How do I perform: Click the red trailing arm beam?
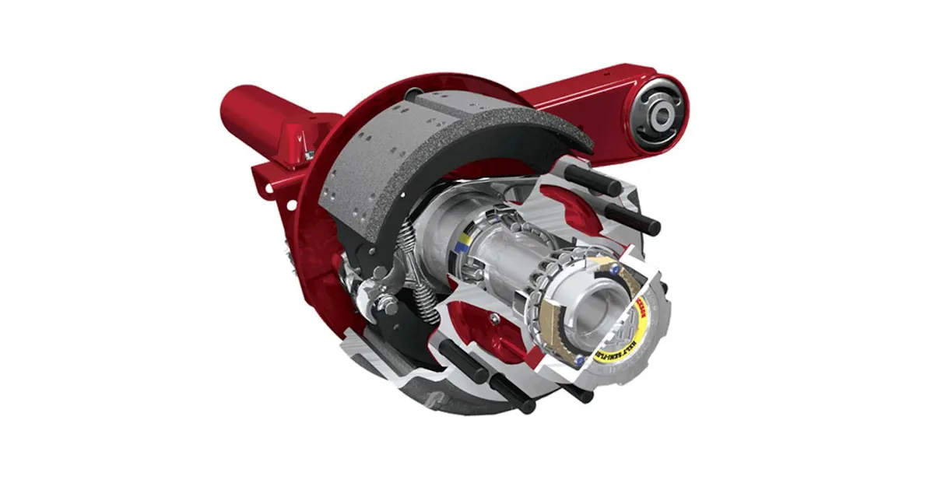point(576,97)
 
